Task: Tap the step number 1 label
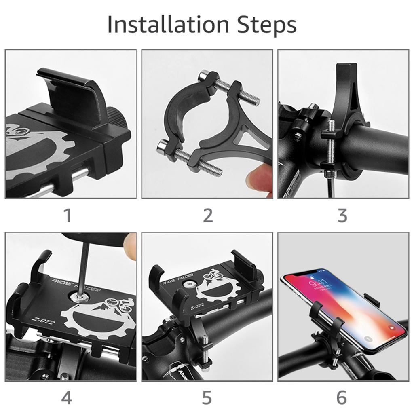point(68,215)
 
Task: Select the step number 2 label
point(207,215)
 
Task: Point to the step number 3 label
point(342,215)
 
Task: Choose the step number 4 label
point(67,398)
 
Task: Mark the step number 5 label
point(207,398)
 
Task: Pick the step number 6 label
point(342,398)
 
